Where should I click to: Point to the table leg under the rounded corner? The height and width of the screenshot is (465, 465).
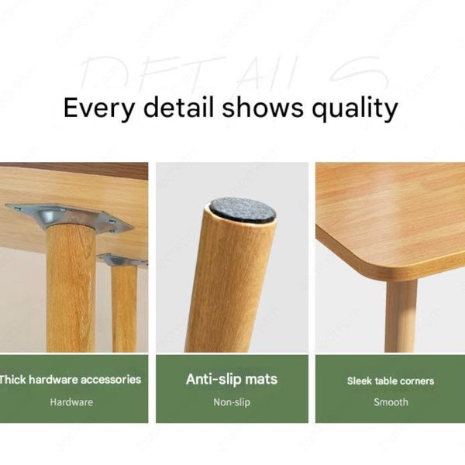pyautogui.click(x=401, y=314)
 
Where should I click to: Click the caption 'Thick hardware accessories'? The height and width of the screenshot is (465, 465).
pyautogui.click(x=71, y=380)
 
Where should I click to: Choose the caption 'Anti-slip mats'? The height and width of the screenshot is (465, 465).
pyautogui.click(x=231, y=380)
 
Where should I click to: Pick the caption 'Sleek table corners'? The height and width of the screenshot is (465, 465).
pyautogui.click(x=391, y=381)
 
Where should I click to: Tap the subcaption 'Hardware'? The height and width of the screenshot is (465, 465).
pyautogui.click(x=71, y=402)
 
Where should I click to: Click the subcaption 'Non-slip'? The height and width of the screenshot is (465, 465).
pyautogui.click(x=231, y=402)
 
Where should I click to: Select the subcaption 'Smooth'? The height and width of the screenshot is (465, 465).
pyautogui.click(x=391, y=402)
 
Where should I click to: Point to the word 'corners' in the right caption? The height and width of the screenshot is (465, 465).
pyautogui.click(x=416, y=381)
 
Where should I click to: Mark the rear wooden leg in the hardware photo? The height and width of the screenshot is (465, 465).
pyautogui.click(x=123, y=310)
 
